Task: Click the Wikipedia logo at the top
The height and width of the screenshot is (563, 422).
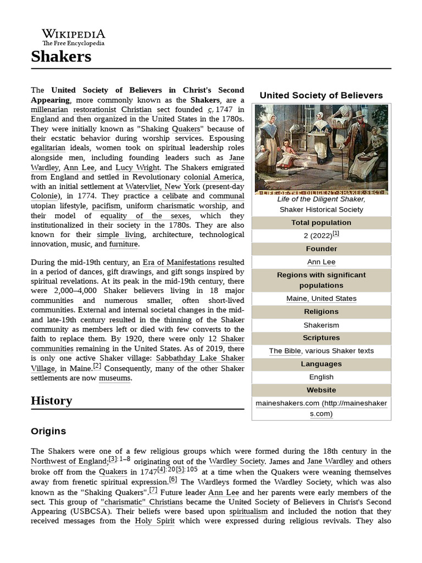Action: (x=74, y=37)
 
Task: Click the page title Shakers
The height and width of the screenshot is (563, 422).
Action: (x=61, y=56)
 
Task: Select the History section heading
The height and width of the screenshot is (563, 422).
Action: (x=51, y=400)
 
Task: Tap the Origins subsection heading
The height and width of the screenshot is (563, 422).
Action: (x=48, y=431)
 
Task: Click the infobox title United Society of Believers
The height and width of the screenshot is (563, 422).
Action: (x=321, y=95)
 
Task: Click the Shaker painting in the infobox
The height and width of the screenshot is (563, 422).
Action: (x=321, y=149)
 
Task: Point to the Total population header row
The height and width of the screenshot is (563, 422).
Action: (x=321, y=223)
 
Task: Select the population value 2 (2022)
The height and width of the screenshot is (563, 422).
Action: (x=318, y=235)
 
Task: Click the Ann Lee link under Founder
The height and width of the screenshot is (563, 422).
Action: (x=321, y=262)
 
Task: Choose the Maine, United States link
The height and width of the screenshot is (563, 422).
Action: (x=321, y=299)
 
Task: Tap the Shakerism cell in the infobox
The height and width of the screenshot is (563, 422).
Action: (x=321, y=325)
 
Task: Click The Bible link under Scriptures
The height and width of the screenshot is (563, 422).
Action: (x=285, y=351)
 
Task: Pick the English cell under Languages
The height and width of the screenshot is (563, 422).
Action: (x=321, y=377)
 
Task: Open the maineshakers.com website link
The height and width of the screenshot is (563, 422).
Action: (x=321, y=409)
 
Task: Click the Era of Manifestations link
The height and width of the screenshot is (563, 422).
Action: (x=179, y=262)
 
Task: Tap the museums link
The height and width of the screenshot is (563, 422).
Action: (x=115, y=378)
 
